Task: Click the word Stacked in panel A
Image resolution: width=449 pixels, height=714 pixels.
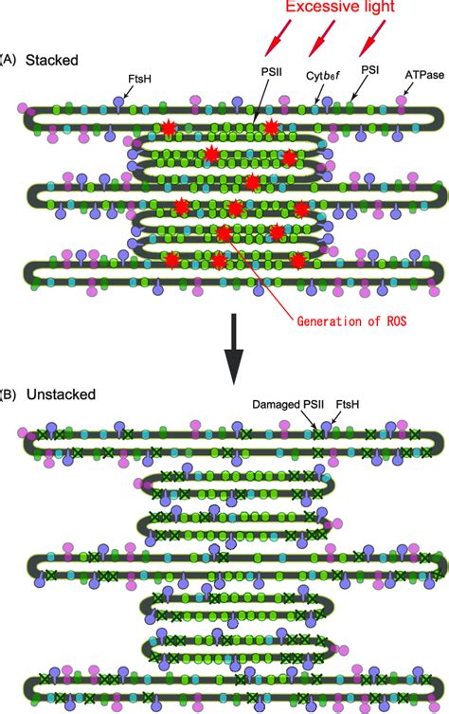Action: tap(51, 59)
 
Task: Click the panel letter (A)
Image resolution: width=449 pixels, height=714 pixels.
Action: tap(8, 59)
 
